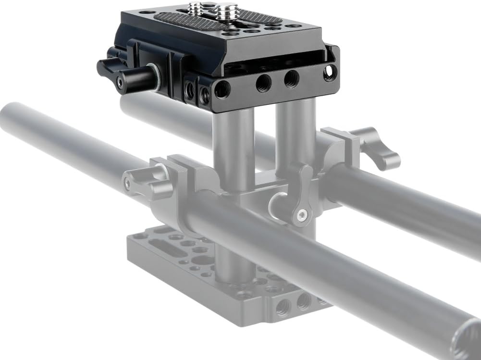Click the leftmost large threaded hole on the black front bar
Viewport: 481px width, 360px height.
coord(222,89)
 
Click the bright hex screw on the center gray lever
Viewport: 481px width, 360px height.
coord(301,215)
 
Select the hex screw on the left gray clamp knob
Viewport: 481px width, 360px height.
coord(126,184)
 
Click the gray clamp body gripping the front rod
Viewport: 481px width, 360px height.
coord(192,192)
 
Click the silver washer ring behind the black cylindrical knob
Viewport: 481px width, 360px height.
coord(155,78)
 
